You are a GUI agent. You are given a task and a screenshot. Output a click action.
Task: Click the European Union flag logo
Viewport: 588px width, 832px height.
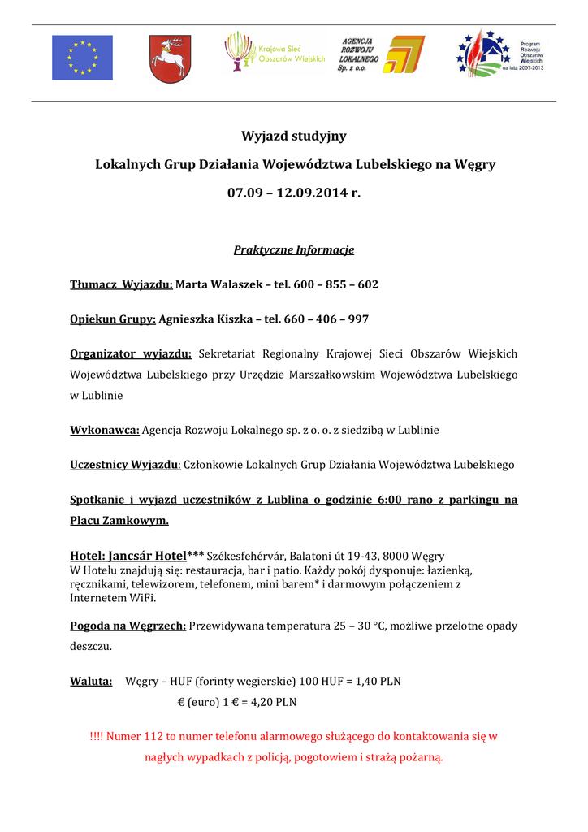tap(82, 58)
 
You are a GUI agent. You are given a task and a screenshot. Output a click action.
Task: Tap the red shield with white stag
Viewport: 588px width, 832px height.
tap(169, 57)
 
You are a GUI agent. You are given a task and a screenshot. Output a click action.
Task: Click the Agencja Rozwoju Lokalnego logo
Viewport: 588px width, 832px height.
tap(380, 54)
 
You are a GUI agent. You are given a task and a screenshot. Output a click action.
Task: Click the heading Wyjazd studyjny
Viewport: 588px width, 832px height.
tap(294, 136)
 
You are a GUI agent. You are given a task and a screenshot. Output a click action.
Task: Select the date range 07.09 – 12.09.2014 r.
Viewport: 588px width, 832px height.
tap(293, 193)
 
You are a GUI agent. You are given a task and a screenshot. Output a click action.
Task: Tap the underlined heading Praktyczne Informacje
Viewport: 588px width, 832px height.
tap(294, 249)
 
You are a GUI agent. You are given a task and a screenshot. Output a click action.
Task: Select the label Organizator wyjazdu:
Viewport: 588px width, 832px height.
tap(131, 353)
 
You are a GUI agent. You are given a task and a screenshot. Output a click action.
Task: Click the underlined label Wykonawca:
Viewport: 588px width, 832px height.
tap(105, 430)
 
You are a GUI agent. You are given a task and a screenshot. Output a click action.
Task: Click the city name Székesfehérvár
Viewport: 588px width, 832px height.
tap(247, 557)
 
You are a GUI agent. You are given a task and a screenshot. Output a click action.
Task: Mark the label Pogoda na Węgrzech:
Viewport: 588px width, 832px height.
tap(128, 626)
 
